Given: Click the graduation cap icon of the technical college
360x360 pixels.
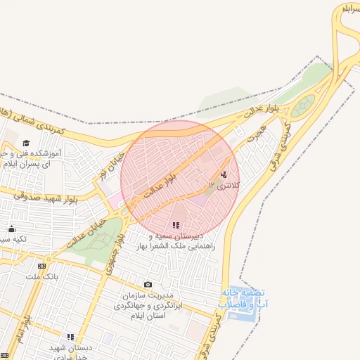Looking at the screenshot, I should point(27,143).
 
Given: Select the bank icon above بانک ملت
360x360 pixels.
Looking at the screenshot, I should point(42,266).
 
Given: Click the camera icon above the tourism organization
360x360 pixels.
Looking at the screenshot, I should point(147,285).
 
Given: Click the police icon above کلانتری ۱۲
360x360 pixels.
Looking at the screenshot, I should point(224,174).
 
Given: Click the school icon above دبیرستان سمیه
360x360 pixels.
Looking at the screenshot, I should point(176,225).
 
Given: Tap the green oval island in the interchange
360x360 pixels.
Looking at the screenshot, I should point(303,108).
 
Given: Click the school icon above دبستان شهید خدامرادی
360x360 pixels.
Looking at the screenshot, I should point(70,337).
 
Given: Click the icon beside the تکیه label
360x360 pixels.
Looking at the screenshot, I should point(12,229).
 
